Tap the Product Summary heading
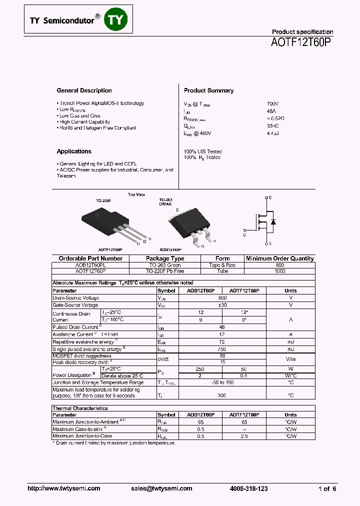208,90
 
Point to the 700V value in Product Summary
273,103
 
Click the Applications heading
74,151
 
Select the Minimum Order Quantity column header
280,258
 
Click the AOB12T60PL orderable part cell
90,265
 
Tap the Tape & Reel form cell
222,265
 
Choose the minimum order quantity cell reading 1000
280,271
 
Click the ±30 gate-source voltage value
222,305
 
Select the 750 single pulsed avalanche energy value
222,349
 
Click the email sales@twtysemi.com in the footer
161,489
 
